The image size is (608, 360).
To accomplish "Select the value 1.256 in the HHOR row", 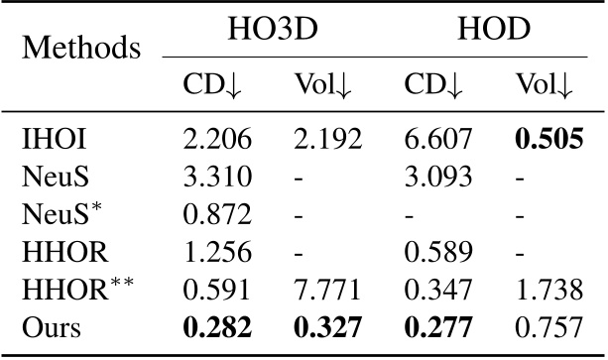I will [x=217, y=249].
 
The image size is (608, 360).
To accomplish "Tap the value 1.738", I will [x=547, y=287].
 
